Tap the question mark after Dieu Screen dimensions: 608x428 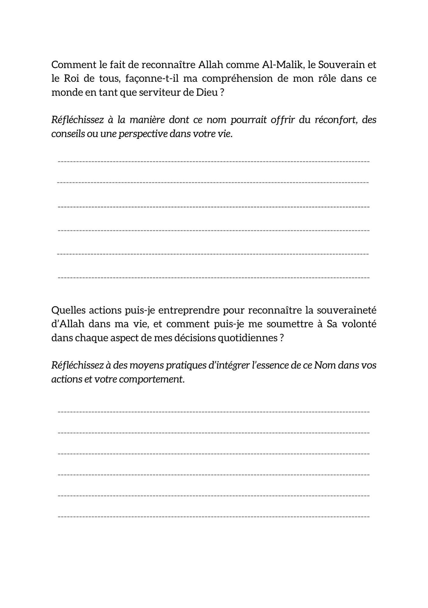(222, 92)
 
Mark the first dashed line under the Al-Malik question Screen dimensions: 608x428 (214, 161)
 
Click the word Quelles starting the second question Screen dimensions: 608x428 (68, 310)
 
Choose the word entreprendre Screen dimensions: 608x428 (189, 310)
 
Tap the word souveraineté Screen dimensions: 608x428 (347, 310)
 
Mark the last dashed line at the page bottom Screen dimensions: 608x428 (214, 516)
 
